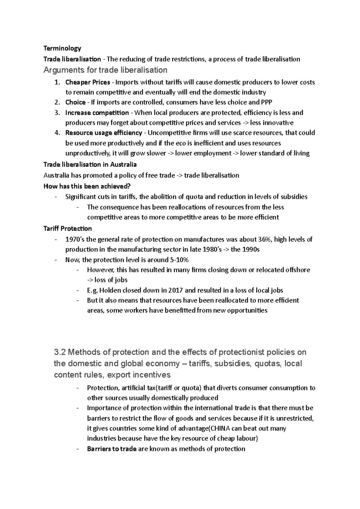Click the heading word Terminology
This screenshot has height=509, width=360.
[x=62, y=48]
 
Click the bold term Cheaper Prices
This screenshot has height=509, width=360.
[x=83, y=82]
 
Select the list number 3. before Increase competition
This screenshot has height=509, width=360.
[x=57, y=113]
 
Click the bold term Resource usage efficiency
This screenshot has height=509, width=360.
[x=103, y=133]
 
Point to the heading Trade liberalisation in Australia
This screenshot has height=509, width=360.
[x=90, y=165]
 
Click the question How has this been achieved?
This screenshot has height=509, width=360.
[x=87, y=186]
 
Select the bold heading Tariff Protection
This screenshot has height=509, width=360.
[x=67, y=229]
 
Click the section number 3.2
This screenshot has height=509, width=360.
[x=60, y=352]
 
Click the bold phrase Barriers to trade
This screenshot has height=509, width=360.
[x=112, y=449]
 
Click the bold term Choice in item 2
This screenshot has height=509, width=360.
[x=75, y=103]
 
